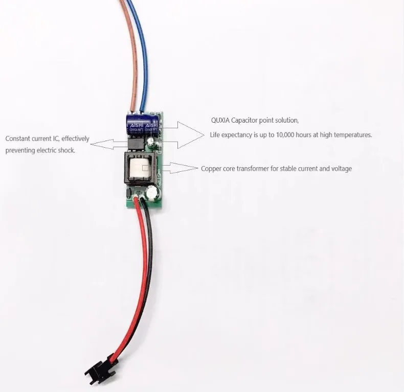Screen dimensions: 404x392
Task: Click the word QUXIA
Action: point(220,121)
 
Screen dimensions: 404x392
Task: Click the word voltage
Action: point(341,168)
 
